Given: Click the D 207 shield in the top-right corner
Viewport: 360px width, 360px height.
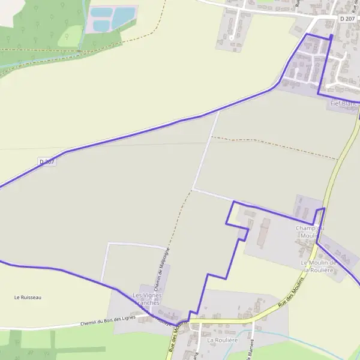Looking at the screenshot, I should click(347, 19).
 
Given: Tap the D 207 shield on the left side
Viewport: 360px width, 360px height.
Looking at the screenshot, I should click(47, 161).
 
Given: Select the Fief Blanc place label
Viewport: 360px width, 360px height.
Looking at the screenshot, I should click(343, 104).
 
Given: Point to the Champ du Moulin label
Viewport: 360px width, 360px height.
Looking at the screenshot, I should click(309, 232).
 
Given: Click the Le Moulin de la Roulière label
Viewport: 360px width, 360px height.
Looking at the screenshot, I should click(319, 266).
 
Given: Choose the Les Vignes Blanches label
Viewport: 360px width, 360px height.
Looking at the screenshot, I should click(146, 299).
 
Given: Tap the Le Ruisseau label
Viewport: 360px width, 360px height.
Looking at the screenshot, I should click(28, 297).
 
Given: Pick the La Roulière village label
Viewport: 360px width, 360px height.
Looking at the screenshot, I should click(223, 340).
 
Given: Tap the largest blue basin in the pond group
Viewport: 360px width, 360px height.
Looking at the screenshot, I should click(124, 14).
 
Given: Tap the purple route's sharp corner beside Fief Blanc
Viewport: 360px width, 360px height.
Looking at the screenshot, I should click(317, 95).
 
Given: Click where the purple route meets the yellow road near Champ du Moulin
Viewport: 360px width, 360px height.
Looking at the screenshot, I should click(323, 209).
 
